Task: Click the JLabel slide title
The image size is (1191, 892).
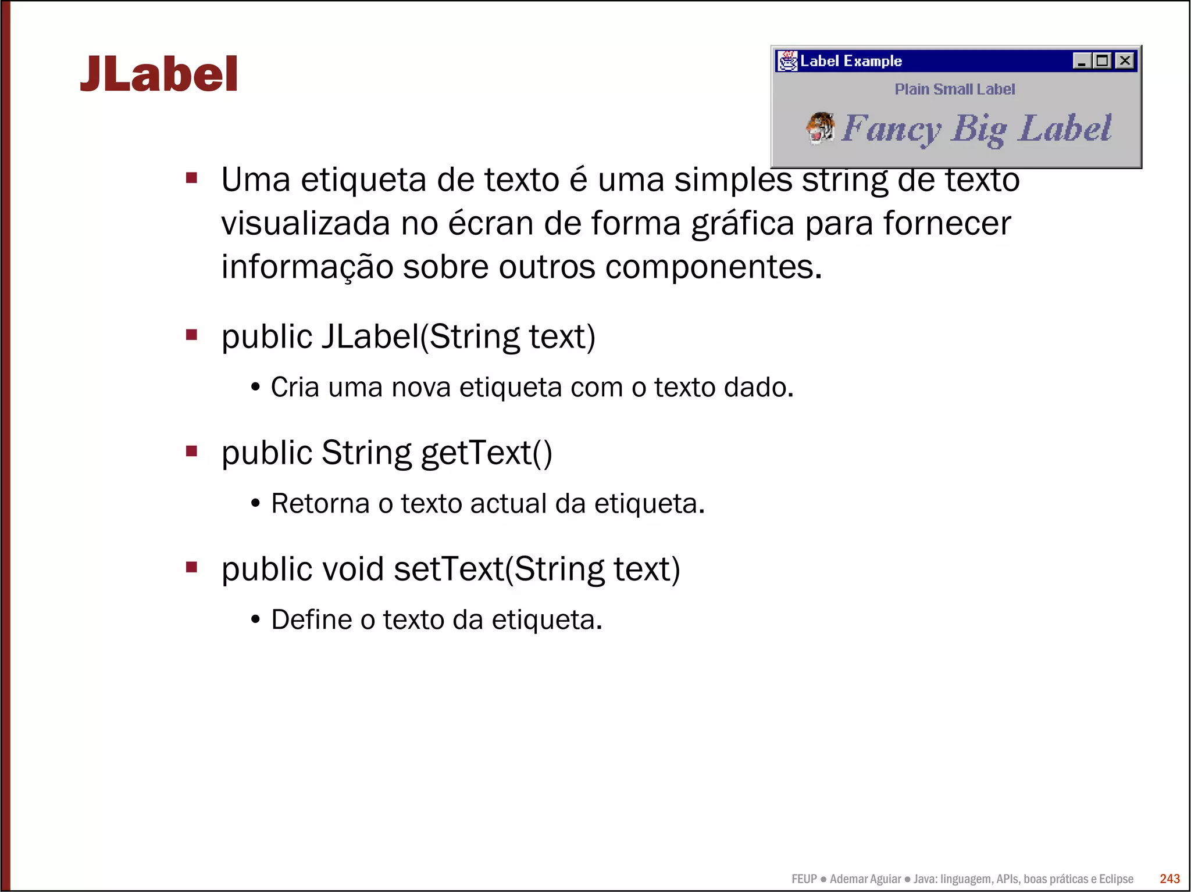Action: (x=159, y=74)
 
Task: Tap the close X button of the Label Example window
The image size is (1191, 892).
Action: (x=1125, y=60)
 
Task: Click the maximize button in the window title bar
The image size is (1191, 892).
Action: (x=1102, y=60)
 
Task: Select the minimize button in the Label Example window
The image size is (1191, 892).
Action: (x=1081, y=60)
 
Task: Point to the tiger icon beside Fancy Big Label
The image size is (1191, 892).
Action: (x=820, y=128)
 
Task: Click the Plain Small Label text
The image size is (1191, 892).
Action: (x=954, y=89)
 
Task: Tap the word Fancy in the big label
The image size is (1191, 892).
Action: (x=891, y=128)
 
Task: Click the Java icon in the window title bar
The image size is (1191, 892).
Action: (x=787, y=60)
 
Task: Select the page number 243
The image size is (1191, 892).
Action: (x=1169, y=879)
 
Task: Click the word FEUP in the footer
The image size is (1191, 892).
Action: (x=804, y=879)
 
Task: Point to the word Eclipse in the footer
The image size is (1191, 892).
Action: (x=1115, y=879)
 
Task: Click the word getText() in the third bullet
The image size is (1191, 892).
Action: (x=486, y=453)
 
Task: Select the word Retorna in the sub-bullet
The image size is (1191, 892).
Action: (x=320, y=504)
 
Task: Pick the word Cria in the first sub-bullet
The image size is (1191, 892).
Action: (x=295, y=388)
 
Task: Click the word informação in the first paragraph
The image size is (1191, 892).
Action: (x=307, y=267)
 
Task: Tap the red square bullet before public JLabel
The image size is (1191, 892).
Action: (x=191, y=335)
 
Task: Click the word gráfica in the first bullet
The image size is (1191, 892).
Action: (x=743, y=224)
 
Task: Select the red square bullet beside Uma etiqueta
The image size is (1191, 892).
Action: (x=191, y=177)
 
